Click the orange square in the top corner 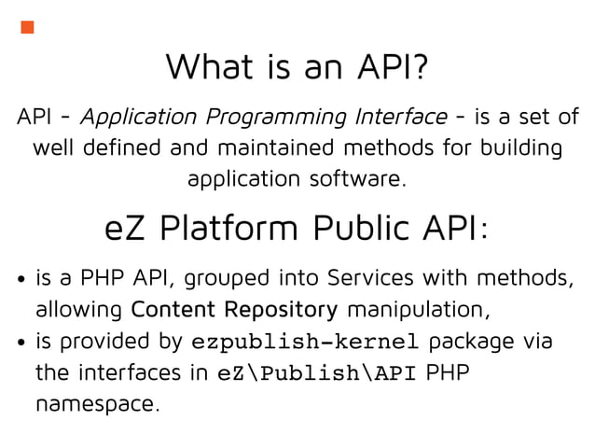pos(28,26)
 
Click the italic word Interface pos(401,117)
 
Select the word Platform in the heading pos(224,228)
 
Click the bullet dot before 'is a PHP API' pos(21,280)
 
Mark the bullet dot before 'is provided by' pos(21,343)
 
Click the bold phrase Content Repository pos(235,309)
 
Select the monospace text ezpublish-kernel pos(305,342)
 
